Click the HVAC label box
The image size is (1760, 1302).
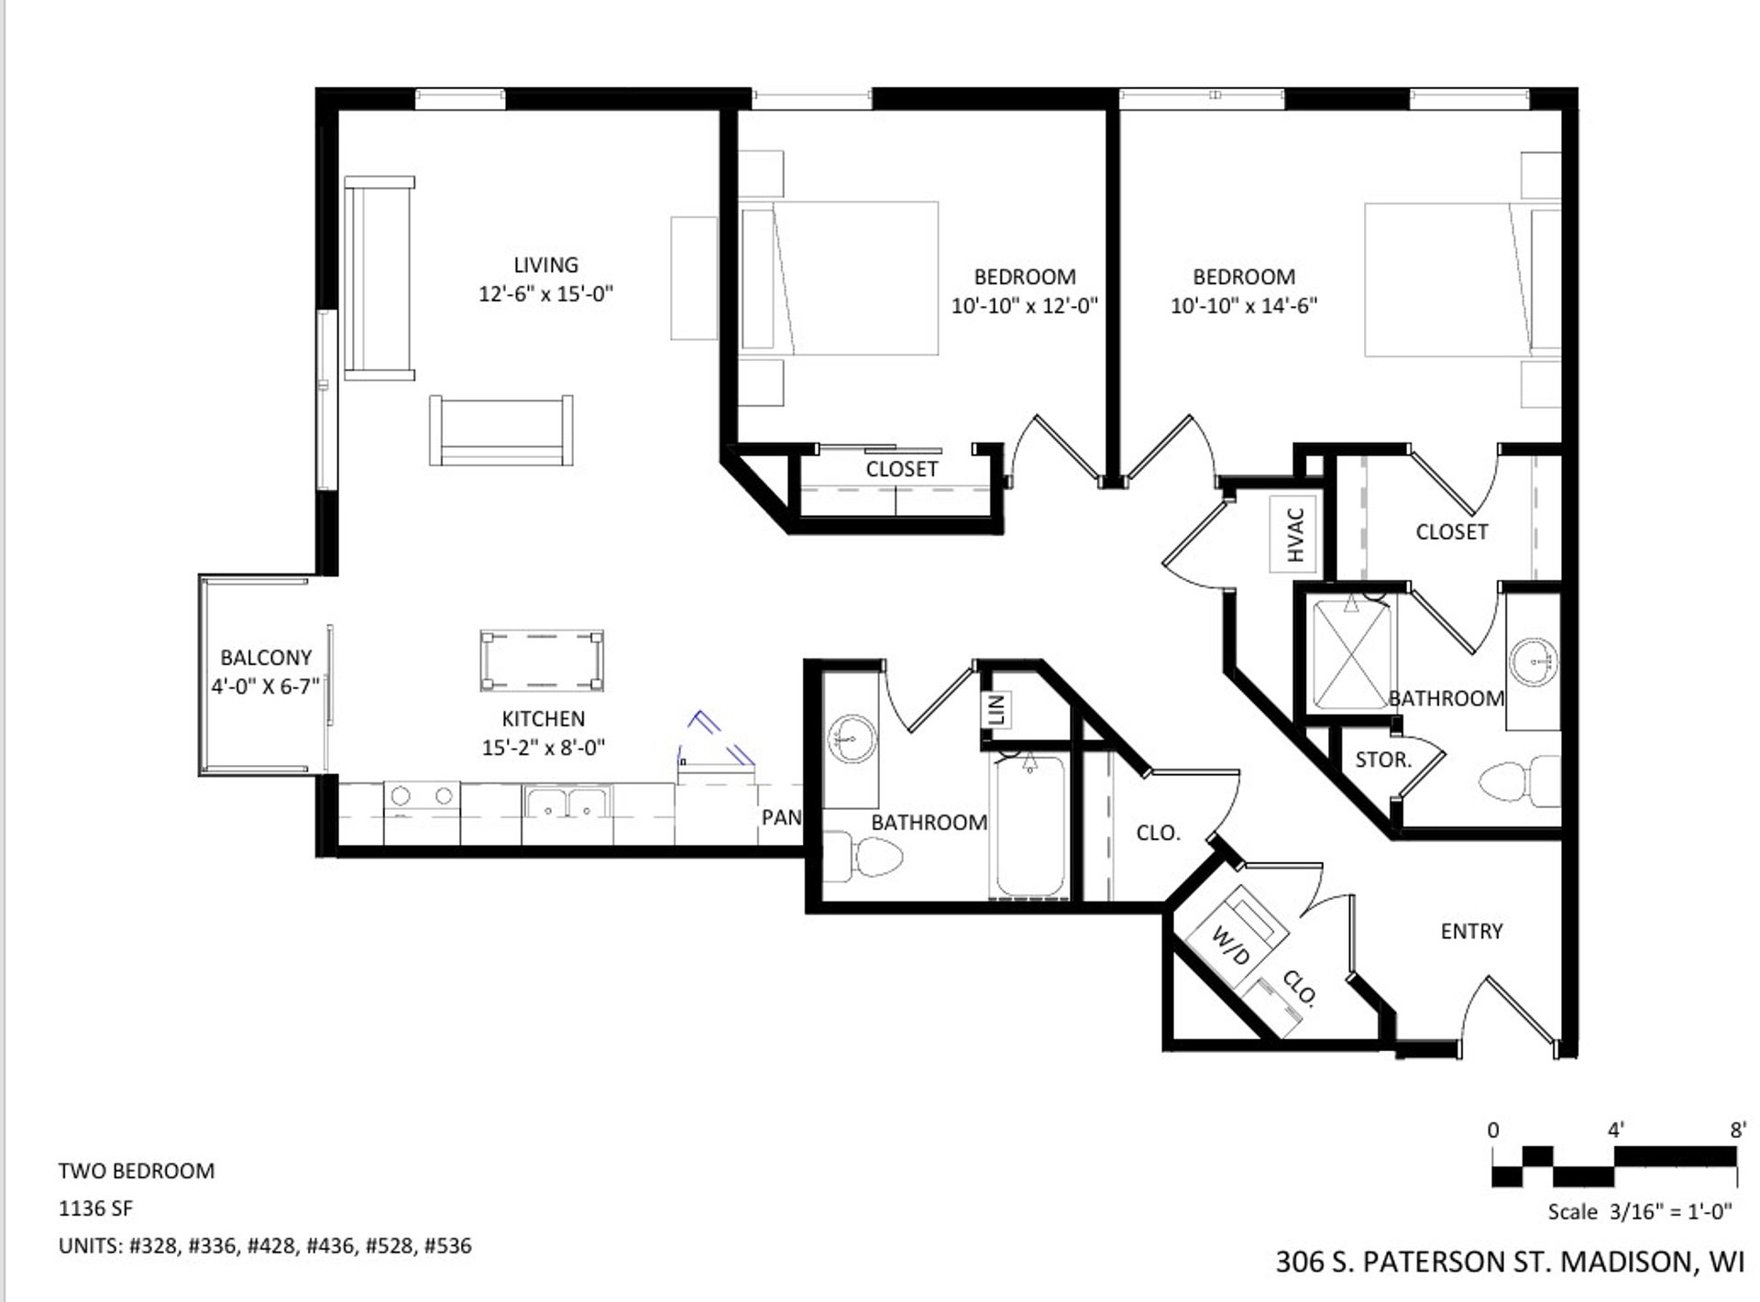click(x=1294, y=534)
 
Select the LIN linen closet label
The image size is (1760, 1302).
click(x=997, y=709)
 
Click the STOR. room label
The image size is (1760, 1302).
click(x=1382, y=760)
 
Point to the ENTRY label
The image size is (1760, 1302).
click(x=1471, y=931)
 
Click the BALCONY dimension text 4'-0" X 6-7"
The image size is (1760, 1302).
click(x=265, y=686)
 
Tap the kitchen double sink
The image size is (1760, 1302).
click(x=567, y=802)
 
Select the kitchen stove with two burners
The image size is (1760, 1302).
click(x=422, y=796)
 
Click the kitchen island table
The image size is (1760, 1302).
click(x=542, y=660)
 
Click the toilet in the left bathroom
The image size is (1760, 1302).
click(x=866, y=858)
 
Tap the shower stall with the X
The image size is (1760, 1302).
click(x=1352, y=652)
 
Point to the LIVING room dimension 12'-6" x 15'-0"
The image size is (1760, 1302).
click(x=545, y=294)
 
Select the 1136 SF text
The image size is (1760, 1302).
click(x=96, y=1209)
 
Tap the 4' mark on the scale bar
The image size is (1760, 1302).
click(x=1615, y=1131)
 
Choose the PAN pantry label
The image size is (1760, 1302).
click(x=781, y=816)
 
